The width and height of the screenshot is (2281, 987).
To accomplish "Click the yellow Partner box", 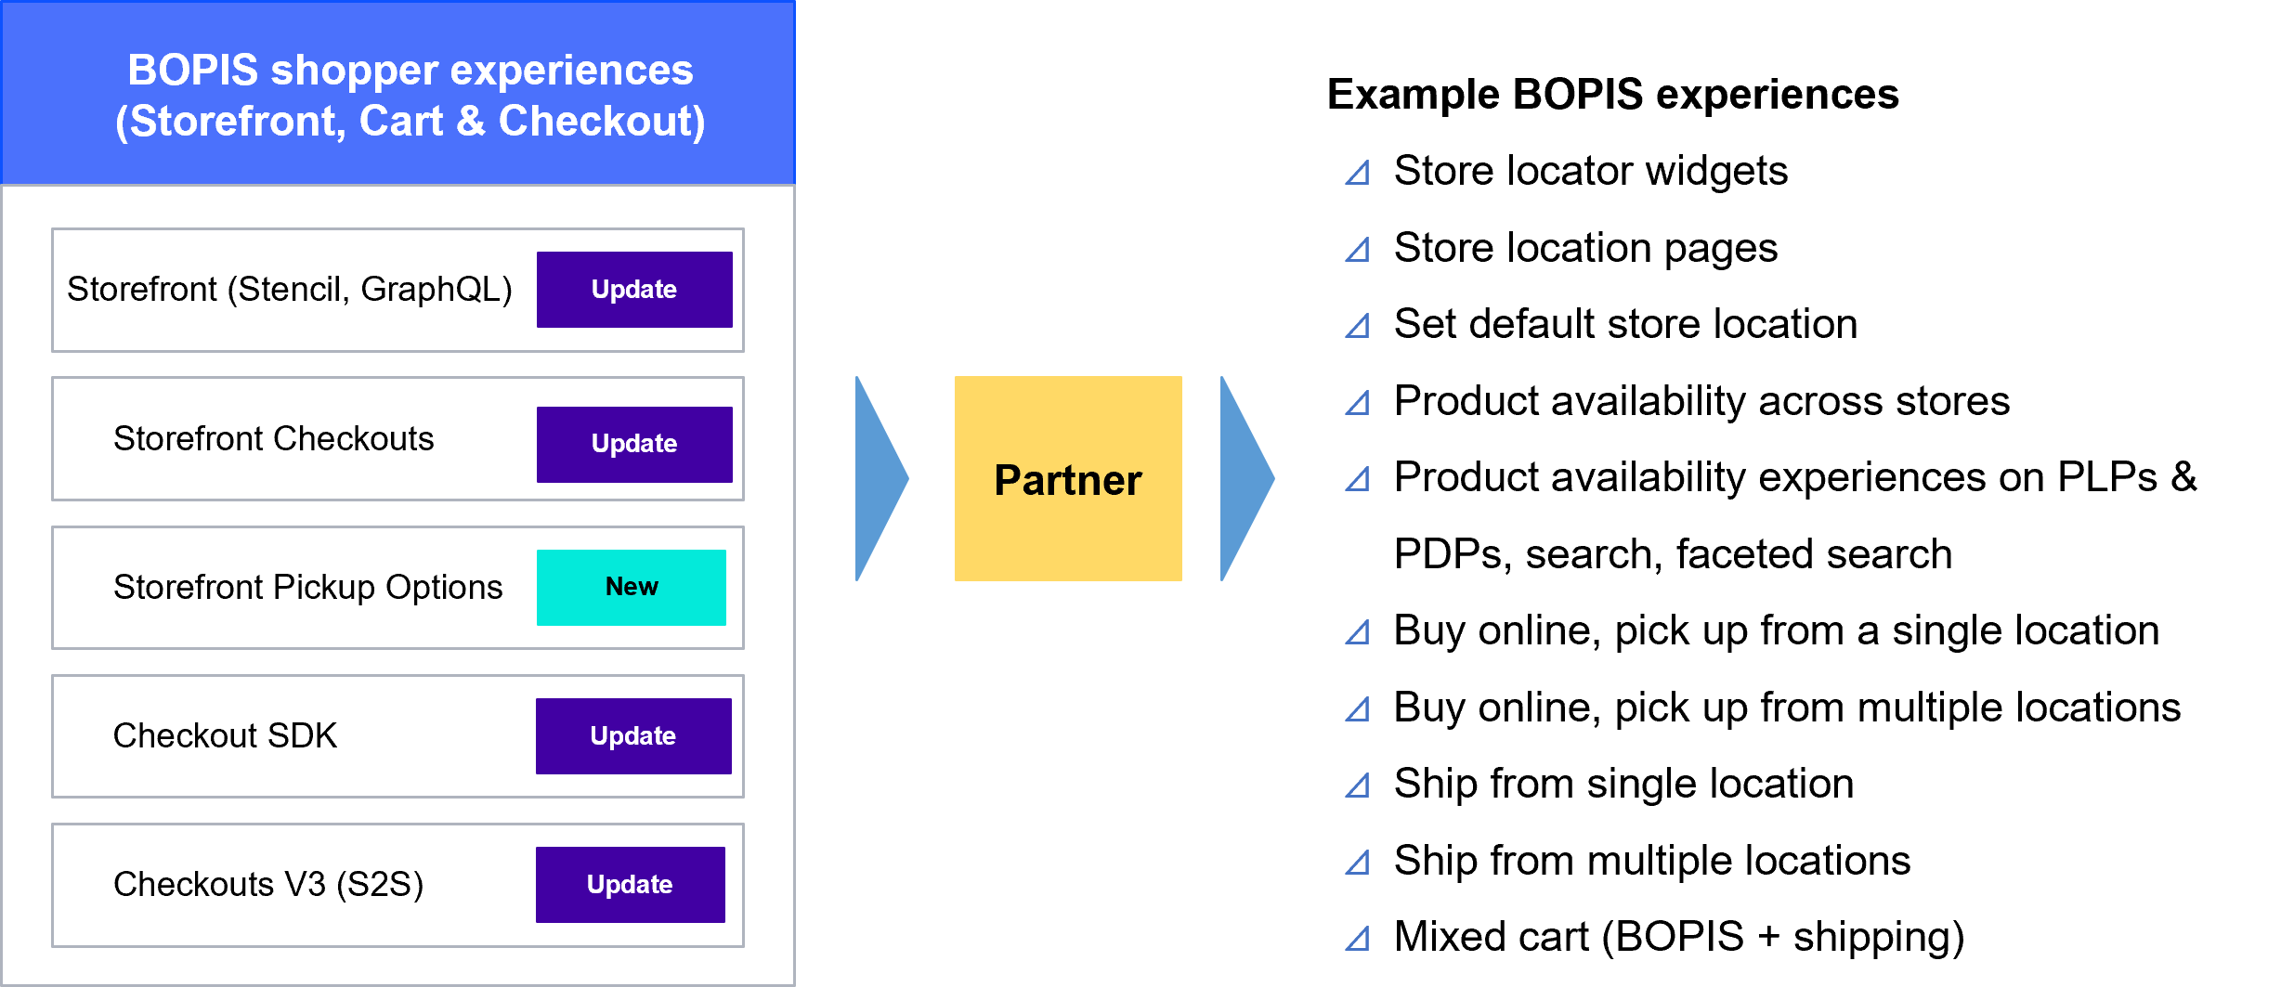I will (x=1068, y=479).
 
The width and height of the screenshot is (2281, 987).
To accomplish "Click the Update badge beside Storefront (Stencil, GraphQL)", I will (x=634, y=290).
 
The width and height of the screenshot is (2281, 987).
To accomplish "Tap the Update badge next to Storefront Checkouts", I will (x=634, y=444).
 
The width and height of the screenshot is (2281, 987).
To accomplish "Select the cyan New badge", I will (x=632, y=587).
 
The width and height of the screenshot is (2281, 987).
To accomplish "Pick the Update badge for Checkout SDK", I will (x=633, y=736).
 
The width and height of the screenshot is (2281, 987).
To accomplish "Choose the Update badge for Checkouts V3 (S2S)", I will (x=630, y=885).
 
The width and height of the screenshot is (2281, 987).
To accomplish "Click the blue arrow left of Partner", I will (x=878, y=479).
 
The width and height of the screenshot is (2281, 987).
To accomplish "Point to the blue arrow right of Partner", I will (x=1243, y=479).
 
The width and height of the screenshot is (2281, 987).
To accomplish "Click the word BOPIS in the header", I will (x=193, y=71).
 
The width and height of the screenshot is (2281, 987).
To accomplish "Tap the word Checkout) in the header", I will (x=602, y=122).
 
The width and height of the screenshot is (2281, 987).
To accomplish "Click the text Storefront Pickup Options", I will (x=307, y=588).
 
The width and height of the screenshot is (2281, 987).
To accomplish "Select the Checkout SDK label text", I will (x=225, y=736).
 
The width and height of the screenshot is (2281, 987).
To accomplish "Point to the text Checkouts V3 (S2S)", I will (x=268, y=885).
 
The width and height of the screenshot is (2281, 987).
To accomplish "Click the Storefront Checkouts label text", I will (x=273, y=439).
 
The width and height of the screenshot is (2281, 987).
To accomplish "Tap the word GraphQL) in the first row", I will (x=437, y=290).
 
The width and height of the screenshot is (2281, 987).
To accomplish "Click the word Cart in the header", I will (x=401, y=122).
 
